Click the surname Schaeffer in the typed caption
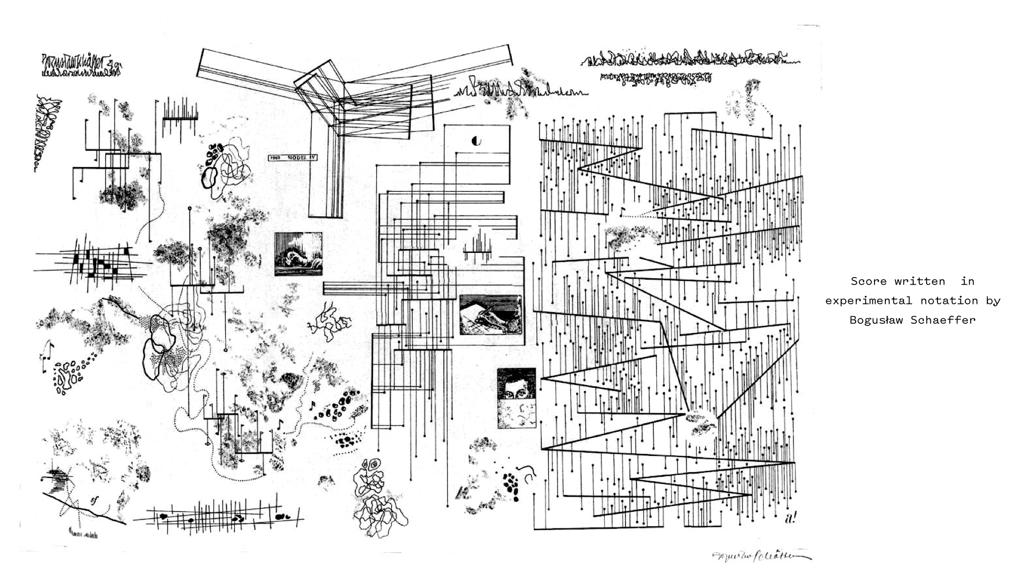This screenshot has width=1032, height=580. (943, 320)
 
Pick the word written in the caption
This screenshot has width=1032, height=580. (920, 281)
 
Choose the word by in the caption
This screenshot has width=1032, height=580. (993, 301)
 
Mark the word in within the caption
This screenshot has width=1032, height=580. (967, 281)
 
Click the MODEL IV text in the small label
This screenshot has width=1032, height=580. (297, 158)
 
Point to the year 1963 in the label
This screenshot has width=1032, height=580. (275, 158)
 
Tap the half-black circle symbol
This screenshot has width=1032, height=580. (476, 141)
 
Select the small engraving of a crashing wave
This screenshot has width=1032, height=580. (298, 254)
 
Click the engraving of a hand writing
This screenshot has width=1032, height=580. (490, 314)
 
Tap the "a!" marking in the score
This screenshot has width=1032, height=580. (790, 518)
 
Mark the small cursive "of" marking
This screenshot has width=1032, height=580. (95, 501)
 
